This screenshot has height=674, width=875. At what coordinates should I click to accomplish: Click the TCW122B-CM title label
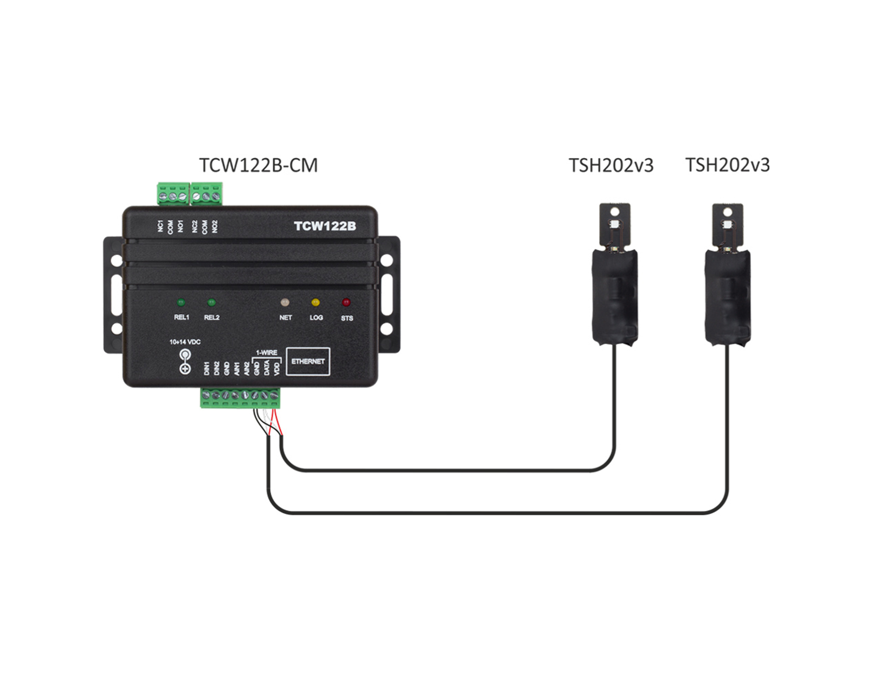(258, 165)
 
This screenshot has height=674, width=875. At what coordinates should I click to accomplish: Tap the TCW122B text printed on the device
(325, 226)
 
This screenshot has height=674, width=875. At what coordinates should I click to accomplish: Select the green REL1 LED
(181, 302)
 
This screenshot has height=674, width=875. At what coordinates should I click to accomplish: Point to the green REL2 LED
(211, 302)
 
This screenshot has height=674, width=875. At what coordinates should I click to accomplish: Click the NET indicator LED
(285, 302)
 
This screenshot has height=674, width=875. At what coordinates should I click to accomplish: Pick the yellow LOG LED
(315, 302)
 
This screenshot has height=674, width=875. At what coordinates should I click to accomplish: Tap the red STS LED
(346, 302)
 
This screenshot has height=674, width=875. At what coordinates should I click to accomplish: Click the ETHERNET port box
(308, 362)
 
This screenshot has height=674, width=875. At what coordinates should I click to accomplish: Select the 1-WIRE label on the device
(267, 352)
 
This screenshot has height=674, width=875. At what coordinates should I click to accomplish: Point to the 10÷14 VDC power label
(185, 342)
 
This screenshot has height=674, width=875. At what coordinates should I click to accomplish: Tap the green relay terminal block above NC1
(173, 194)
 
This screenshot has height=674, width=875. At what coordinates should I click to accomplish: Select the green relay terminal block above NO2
(207, 194)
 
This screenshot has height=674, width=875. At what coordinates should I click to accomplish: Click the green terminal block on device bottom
(241, 398)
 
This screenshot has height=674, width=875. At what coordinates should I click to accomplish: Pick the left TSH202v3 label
(611, 165)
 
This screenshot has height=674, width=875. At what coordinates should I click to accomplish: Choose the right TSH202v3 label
(728, 165)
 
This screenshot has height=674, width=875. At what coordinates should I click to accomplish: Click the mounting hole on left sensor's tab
(615, 211)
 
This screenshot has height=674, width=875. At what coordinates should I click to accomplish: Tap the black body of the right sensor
(728, 296)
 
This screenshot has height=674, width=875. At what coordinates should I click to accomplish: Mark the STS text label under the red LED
(347, 318)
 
